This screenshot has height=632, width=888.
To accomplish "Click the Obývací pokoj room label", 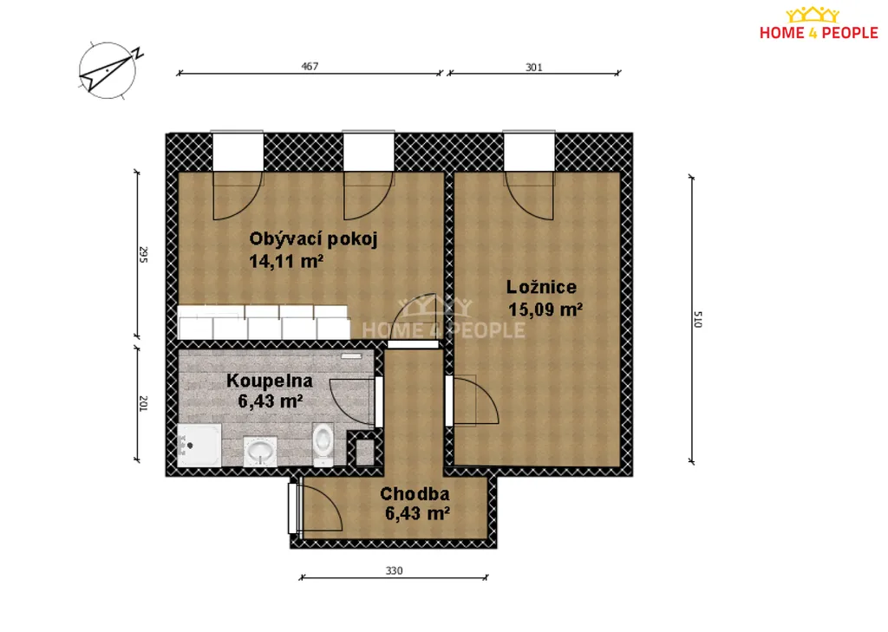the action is tap(313, 239).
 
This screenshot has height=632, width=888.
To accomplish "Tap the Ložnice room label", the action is tap(541, 287).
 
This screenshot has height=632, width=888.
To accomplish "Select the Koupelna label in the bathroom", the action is tap(270, 381).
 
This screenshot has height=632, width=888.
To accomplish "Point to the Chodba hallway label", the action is tap(415, 494).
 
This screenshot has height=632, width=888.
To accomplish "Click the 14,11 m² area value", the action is tap(286, 261).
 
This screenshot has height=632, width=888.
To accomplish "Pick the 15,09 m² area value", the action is tap(545, 309).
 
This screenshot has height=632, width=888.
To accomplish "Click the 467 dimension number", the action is tap(310, 66).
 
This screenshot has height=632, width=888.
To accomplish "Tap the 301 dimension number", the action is tap(534, 68).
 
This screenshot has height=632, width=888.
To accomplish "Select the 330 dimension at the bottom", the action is tap(395, 570).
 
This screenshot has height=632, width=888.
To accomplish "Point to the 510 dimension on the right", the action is tap(698, 319).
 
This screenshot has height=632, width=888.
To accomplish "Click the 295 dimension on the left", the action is tap(143, 255).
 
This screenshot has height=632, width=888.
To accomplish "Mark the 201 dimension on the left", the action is tap(143, 404).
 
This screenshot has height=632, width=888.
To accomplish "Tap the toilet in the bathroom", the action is tap(323, 445).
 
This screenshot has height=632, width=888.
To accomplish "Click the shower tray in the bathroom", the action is tap(199, 446).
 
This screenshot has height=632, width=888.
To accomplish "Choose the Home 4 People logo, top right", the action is tap(819, 23).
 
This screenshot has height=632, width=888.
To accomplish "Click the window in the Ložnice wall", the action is tap(529, 151).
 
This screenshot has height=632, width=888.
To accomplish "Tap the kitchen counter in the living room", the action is tap(264, 323).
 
